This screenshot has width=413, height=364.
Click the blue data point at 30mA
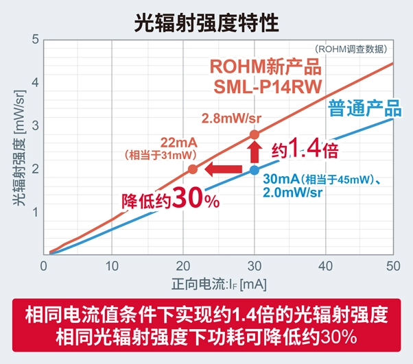coord(254,170)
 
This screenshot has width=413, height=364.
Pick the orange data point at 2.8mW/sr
coord(254,134)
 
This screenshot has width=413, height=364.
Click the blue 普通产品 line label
coord(364,109)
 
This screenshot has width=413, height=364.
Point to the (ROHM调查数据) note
coord(351,49)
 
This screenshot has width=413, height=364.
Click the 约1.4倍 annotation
coord(305,149)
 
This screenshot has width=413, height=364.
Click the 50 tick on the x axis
coord(394,266)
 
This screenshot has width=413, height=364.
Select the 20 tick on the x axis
coord(183,266)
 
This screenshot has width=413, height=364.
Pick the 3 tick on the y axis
coord(34,125)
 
